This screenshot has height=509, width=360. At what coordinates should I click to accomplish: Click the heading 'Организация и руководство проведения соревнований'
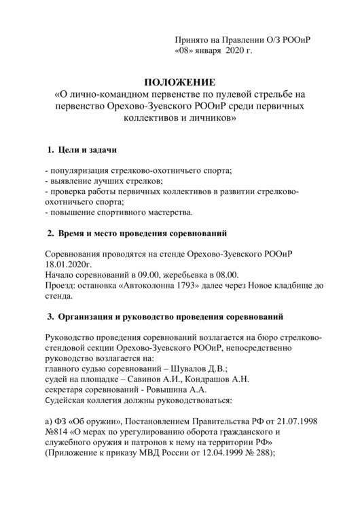coord(168,316)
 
